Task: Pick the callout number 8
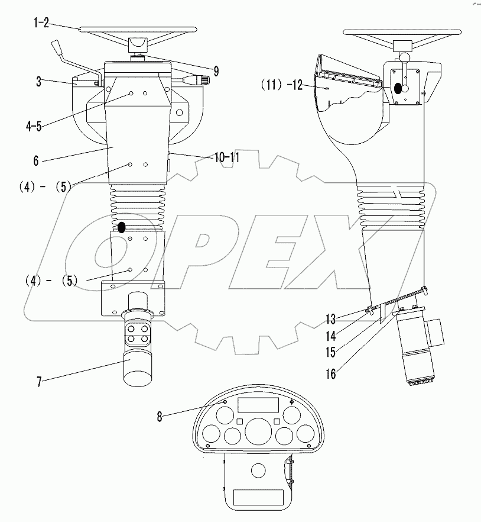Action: (x=160, y=416)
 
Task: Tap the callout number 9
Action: (x=216, y=72)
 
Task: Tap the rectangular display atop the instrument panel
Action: (x=258, y=405)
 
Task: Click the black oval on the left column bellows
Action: (x=122, y=227)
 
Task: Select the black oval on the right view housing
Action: (x=398, y=88)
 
